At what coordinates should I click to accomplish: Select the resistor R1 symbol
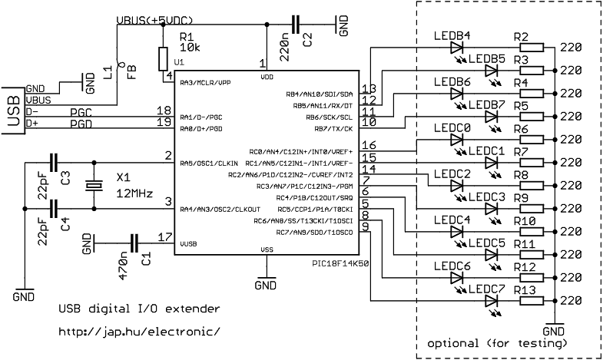(162, 58)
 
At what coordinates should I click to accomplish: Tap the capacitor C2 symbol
(296, 25)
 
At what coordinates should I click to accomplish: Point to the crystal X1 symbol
(93, 185)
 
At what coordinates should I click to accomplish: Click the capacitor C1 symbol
(135, 243)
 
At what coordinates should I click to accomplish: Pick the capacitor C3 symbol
(53, 162)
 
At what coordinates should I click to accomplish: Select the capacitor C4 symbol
(53, 208)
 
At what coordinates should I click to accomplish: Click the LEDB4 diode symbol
(458, 47)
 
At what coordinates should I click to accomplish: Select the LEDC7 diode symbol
(492, 300)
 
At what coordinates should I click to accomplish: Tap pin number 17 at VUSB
(163, 237)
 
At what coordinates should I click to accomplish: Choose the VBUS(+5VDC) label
(154, 18)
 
